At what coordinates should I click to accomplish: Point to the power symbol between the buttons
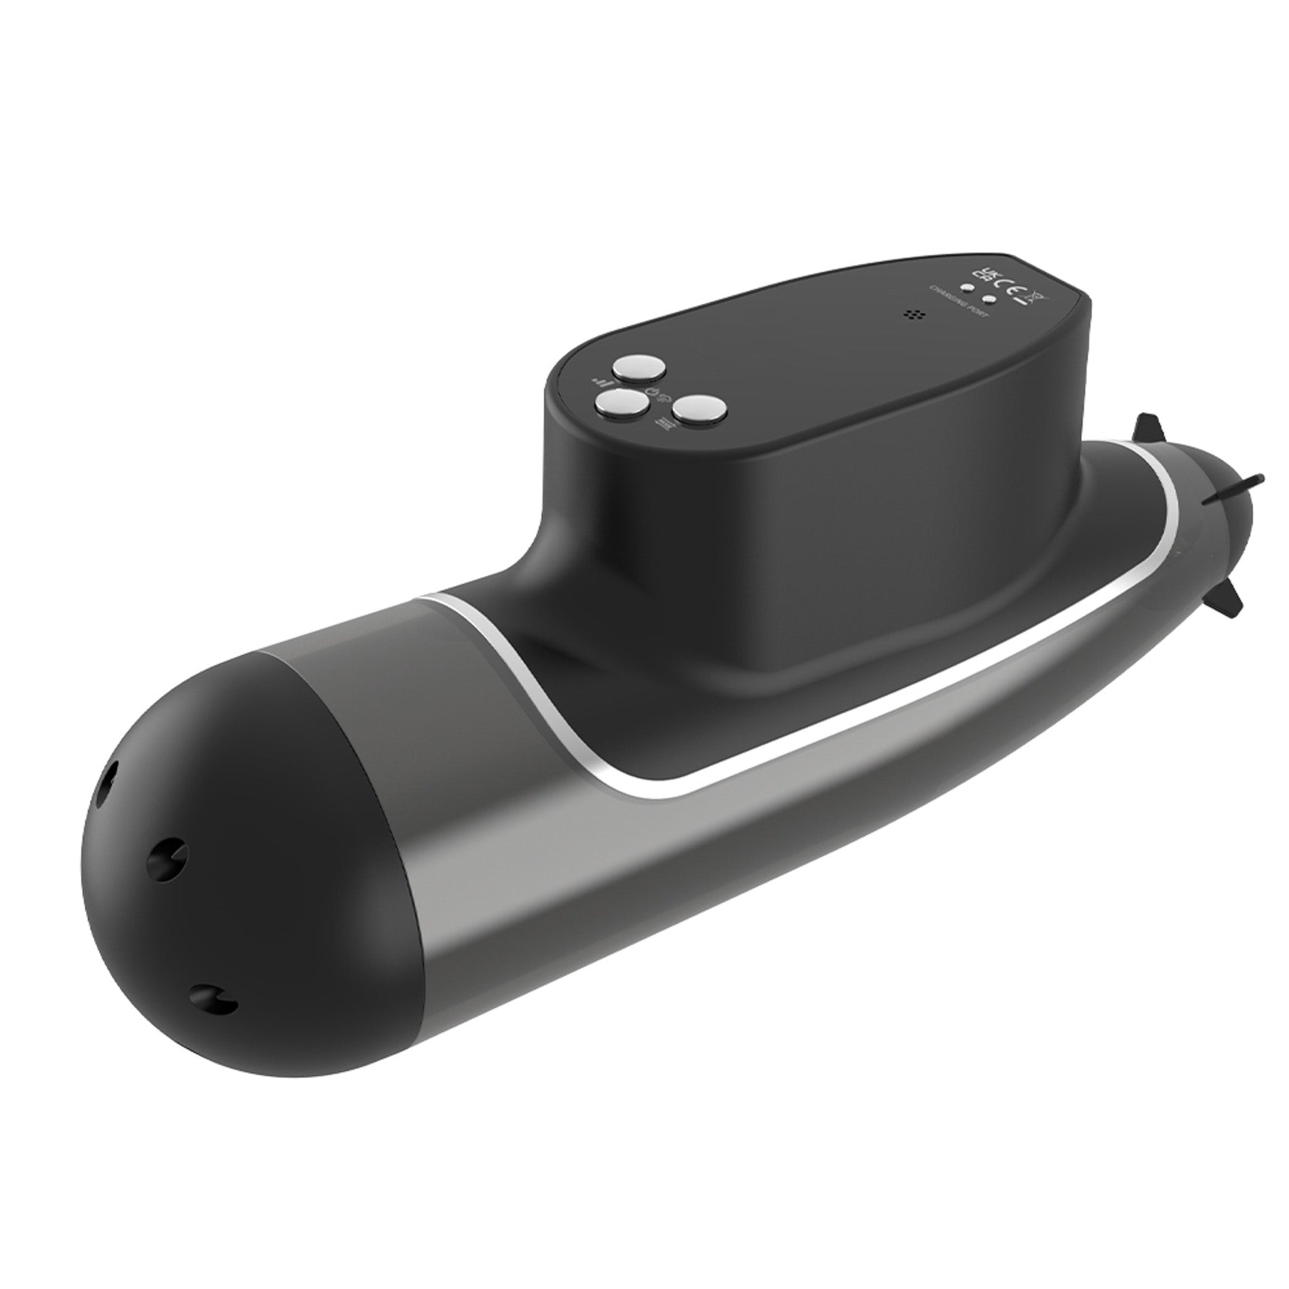tap(653, 392)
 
